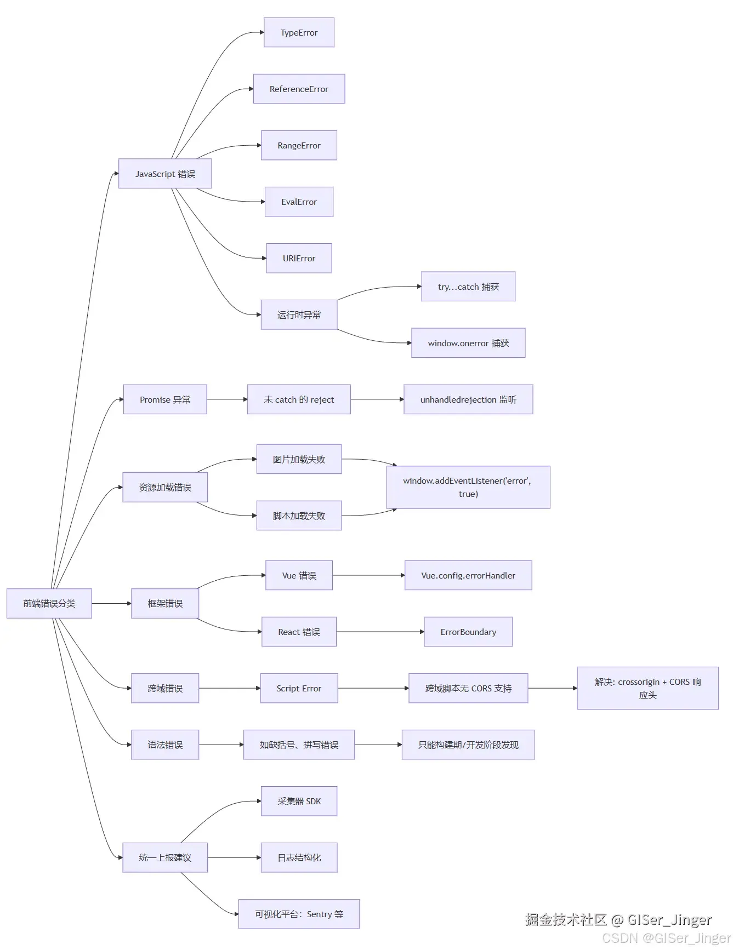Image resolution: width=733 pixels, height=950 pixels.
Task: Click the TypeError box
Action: (x=299, y=32)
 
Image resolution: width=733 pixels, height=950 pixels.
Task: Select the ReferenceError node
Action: (x=299, y=89)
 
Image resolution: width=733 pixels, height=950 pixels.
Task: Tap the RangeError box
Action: (x=299, y=145)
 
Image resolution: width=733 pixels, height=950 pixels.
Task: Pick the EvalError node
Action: (x=299, y=202)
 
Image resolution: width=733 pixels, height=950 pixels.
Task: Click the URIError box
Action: (x=299, y=258)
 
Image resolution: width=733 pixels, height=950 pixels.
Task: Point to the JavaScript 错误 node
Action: (x=165, y=174)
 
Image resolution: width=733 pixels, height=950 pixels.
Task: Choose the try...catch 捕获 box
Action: (x=468, y=287)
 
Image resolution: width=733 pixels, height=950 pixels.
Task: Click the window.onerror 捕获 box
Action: (x=468, y=343)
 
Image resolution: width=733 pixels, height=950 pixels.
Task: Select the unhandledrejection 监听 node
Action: (x=468, y=399)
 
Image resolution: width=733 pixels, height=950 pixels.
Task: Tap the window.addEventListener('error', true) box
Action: (x=468, y=487)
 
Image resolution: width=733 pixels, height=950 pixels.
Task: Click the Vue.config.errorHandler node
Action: (x=468, y=575)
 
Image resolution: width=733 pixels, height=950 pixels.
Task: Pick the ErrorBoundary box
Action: (x=468, y=632)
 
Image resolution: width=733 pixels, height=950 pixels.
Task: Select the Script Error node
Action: (x=299, y=688)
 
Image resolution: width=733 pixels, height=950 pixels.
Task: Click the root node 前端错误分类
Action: (x=49, y=603)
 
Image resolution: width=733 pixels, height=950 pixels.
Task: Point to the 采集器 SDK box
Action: (x=299, y=801)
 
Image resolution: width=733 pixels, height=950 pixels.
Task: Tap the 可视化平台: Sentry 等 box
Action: (x=299, y=914)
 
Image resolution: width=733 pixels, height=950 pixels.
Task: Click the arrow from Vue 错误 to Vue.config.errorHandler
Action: (x=368, y=575)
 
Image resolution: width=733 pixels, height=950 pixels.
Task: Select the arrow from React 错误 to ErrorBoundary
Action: (x=380, y=632)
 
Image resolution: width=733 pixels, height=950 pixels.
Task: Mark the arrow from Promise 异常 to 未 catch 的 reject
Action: (x=227, y=399)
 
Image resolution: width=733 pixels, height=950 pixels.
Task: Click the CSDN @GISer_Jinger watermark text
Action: (x=666, y=938)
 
